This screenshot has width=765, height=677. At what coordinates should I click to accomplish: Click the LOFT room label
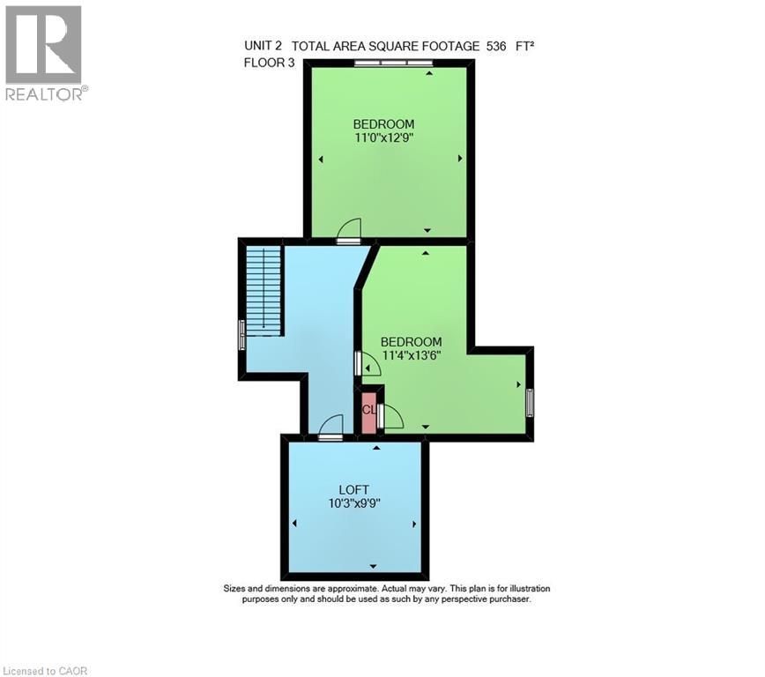point(353,490)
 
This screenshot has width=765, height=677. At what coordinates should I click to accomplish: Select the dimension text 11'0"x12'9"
point(383,138)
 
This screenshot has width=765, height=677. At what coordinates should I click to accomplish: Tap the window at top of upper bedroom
point(393,63)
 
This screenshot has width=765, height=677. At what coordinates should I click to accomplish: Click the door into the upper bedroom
point(349,232)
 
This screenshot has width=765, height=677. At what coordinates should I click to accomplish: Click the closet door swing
point(390,417)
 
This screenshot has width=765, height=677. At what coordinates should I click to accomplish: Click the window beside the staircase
point(241,335)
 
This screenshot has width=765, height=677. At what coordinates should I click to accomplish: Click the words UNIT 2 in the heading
point(264,46)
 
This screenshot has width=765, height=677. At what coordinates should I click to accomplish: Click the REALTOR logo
point(44,53)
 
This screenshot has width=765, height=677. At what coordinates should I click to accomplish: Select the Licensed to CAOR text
point(46,671)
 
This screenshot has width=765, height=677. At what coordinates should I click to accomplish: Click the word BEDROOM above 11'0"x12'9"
point(383,123)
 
